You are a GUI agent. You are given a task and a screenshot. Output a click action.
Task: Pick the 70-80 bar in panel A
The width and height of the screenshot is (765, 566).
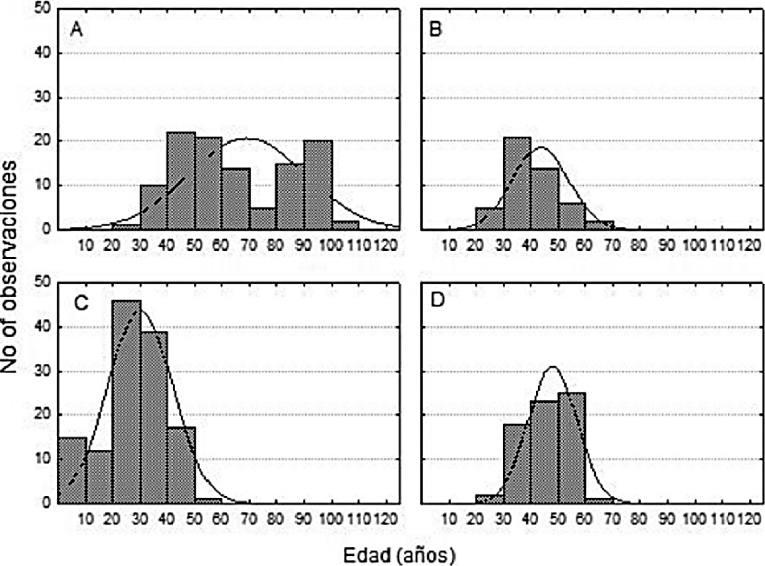coord(263,219)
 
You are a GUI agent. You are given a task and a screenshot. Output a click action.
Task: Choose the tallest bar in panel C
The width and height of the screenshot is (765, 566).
coord(127,402)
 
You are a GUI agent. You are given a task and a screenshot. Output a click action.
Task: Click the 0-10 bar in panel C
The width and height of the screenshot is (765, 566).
coord(72,470)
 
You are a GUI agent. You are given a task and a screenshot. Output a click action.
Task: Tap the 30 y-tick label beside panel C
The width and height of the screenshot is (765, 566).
coord(45,371)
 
